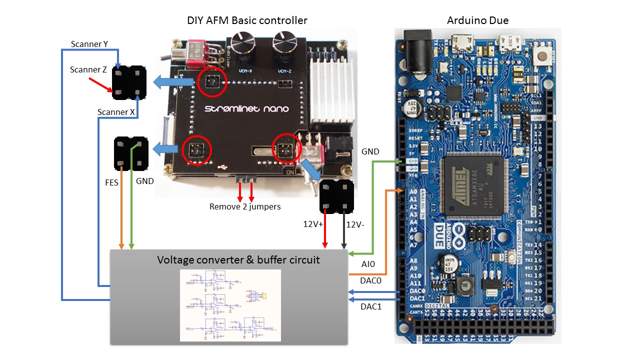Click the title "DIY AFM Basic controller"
coord(246,20)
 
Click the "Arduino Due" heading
coord(477,20)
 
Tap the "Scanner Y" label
coord(89,44)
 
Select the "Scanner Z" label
coord(88,69)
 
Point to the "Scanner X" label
coord(116,112)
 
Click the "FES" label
coord(111,182)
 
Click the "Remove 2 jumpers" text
coord(245,206)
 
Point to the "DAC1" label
coord(371,306)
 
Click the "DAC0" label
coord(371,281)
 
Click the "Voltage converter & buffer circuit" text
coord(238,260)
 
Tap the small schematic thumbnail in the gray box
coord(230,305)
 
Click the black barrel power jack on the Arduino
coord(414,47)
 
